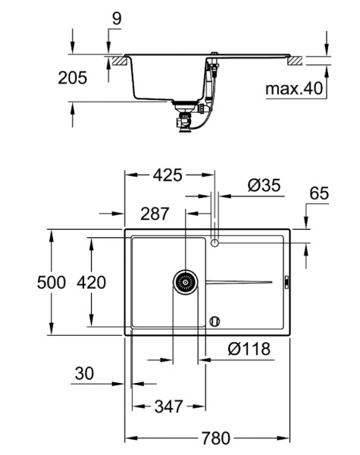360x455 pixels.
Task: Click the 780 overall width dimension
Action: click(x=216, y=438)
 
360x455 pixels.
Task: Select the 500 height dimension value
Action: click(x=52, y=282)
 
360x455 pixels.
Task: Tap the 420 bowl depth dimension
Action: click(x=91, y=282)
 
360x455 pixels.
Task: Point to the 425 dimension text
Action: click(x=167, y=175)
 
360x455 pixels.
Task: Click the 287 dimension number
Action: click(x=155, y=214)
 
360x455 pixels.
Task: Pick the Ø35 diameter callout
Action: click(x=264, y=185)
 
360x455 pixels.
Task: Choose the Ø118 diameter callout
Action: click(x=249, y=349)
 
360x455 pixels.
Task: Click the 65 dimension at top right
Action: click(x=319, y=193)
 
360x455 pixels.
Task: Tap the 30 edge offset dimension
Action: click(x=84, y=373)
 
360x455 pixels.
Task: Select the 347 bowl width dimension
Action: click(x=169, y=406)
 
